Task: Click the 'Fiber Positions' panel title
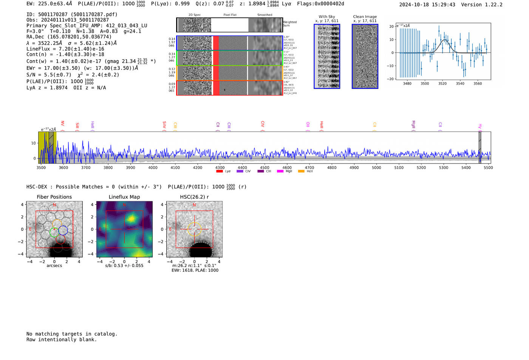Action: [x=54, y=197]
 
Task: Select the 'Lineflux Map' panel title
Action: [x=124, y=197]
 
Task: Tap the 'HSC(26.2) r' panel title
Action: [x=194, y=197]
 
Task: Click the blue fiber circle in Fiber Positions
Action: [x=63, y=230]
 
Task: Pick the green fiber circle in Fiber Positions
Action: [x=54, y=232]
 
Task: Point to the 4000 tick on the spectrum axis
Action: [x=153, y=167]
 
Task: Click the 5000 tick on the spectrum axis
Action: [x=376, y=167]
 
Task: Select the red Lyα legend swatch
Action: [x=220, y=172]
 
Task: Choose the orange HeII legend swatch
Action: [x=301, y=172]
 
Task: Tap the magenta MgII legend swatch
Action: [x=280, y=172]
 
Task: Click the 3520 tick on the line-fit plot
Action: [x=442, y=83]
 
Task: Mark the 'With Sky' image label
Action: [x=327, y=17]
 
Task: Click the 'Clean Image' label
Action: [x=365, y=17]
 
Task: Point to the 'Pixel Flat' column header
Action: [x=230, y=15]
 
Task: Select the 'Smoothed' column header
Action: [x=264, y=15]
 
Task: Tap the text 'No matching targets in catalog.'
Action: [x=72, y=334]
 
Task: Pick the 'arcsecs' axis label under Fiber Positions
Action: [x=54, y=266]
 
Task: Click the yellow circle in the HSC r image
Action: [x=194, y=229]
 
